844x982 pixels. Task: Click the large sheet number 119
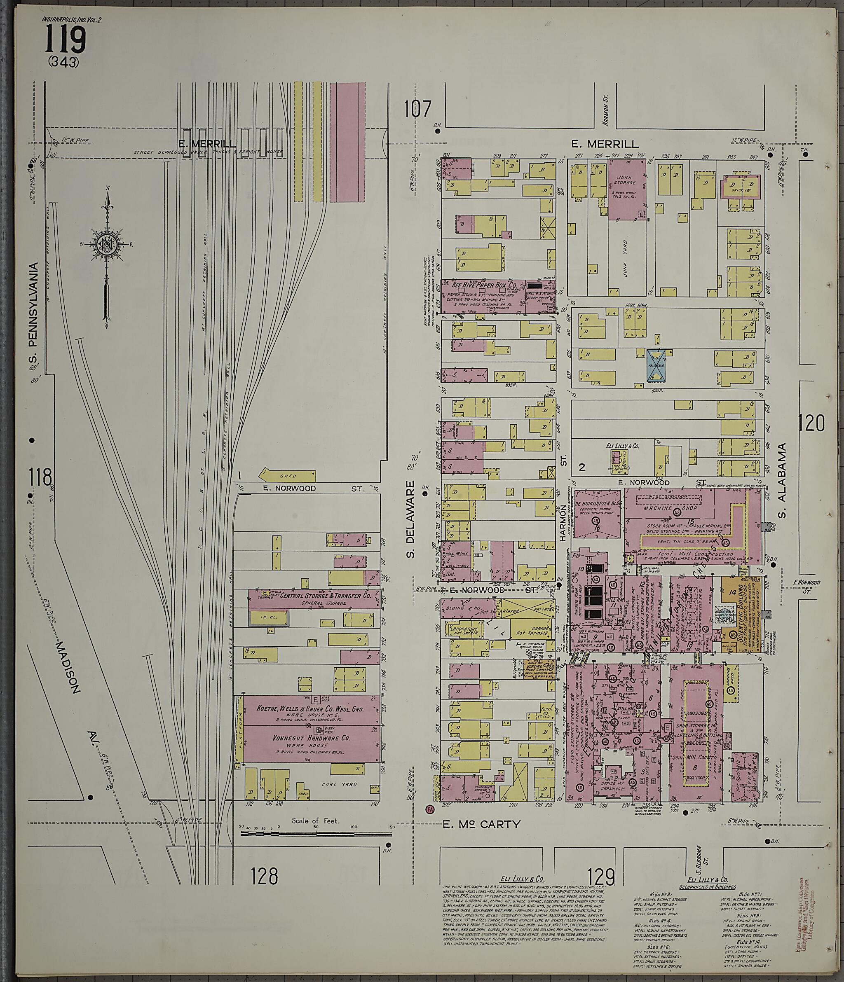[x=66, y=40]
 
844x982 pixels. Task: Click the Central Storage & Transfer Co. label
[x=325, y=595]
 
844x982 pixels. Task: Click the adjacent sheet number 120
[x=811, y=422]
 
